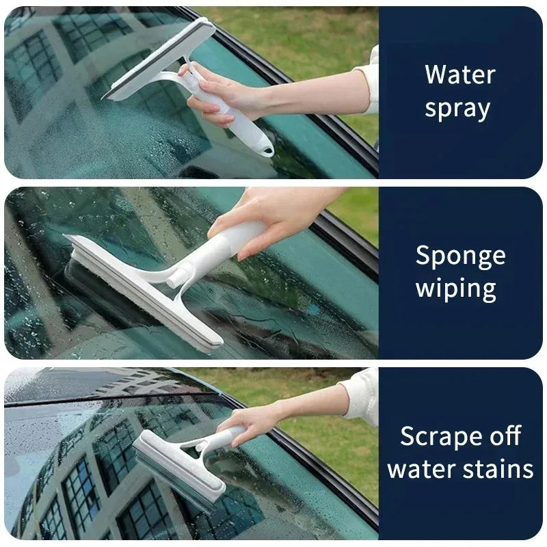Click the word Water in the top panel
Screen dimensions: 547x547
pyautogui.click(x=459, y=75)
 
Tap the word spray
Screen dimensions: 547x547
pyautogui.click(x=457, y=109)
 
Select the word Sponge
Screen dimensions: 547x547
pyautogui.click(x=460, y=256)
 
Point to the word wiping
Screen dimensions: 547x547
pyautogui.click(x=455, y=289)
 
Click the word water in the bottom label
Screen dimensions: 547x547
pyautogui.click(x=420, y=470)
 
